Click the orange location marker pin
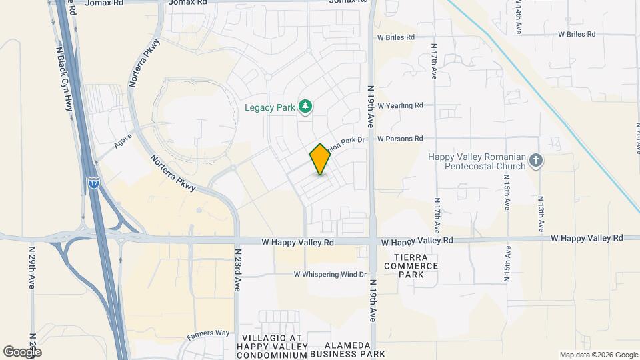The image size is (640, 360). tap(320, 159)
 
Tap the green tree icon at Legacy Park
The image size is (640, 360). tap(305, 105)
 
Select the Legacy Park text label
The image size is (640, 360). tap(270, 107)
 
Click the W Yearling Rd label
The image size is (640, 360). tap(400, 105)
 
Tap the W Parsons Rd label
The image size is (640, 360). tap(400, 139)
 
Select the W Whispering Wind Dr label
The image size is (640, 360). tap(331, 275)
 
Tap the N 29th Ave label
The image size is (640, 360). tap(31, 266)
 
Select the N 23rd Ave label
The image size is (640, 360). tap(237, 270)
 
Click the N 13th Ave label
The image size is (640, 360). tap(541, 215)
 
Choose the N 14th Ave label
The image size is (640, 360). tap(518, 17)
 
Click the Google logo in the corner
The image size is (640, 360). tap(22, 351)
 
